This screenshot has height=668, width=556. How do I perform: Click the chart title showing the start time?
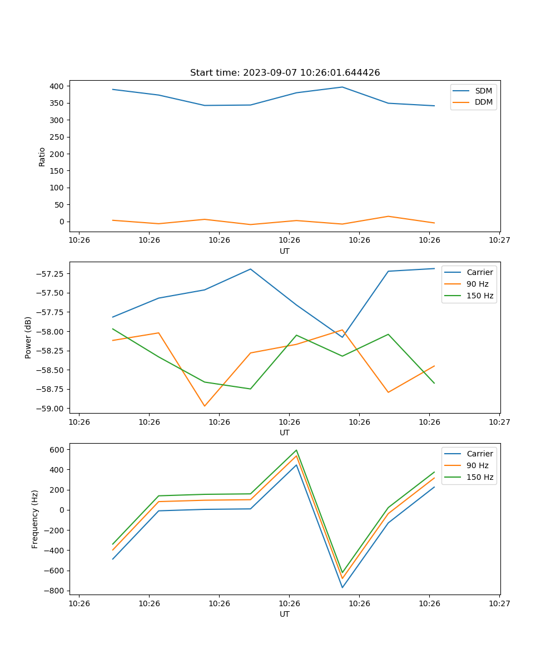click(285, 72)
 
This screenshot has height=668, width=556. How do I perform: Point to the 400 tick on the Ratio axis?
click(56, 86)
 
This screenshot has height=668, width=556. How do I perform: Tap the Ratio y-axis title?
click(42, 156)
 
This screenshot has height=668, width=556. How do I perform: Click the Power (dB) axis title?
click(28, 337)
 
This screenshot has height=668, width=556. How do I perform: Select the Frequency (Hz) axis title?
click(35, 519)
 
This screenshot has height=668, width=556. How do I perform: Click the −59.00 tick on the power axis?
click(50, 409)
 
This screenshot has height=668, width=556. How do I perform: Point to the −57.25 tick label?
click(50, 273)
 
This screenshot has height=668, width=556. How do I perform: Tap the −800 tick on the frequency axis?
click(53, 591)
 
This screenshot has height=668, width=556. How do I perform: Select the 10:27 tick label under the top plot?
click(499, 240)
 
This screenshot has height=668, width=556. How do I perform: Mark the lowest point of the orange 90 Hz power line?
click(205, 406)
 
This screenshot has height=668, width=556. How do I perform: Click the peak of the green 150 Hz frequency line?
click(296, 450)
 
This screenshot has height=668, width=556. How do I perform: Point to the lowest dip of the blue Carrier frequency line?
click(342, 587)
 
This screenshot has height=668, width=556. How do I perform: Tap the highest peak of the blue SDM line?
click(342, 87)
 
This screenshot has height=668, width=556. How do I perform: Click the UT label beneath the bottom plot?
click(285, 614)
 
